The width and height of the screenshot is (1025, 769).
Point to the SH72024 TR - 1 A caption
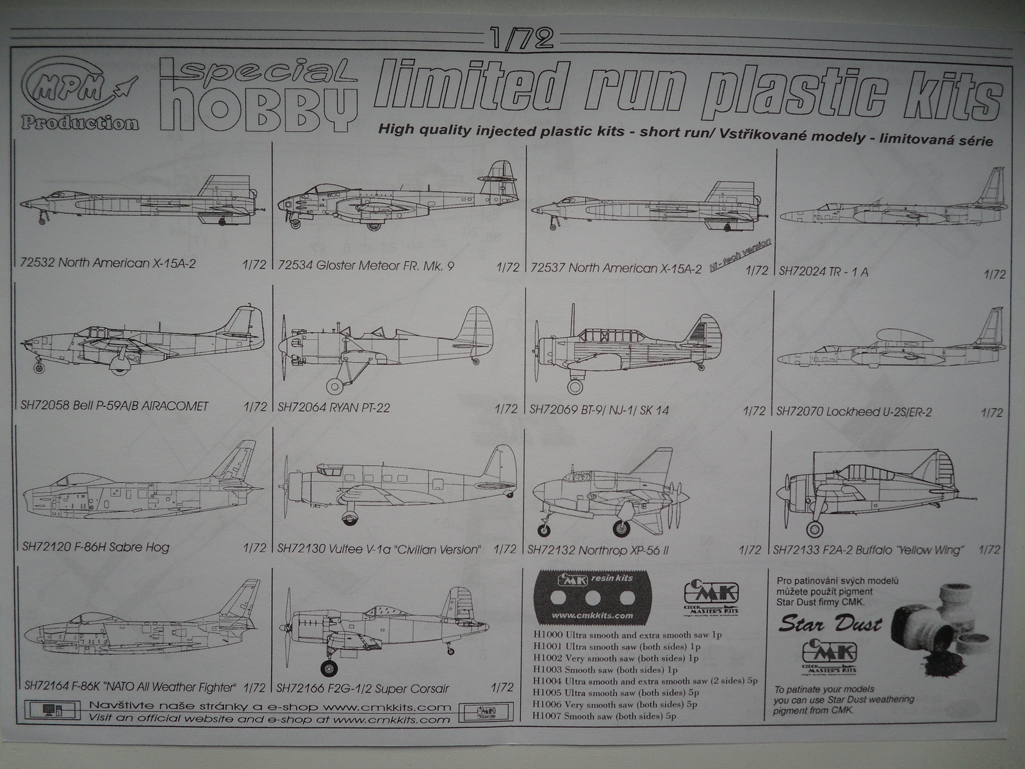pos(823,271)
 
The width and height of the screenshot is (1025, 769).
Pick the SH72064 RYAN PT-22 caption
pos(334,408)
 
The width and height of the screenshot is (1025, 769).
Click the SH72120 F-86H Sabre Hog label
pos(95,547)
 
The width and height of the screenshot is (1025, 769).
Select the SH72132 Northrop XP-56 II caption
pos(599,550)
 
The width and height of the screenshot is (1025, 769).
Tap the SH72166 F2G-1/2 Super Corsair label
pos(363,689)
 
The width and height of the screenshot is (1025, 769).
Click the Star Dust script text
pos(831,623)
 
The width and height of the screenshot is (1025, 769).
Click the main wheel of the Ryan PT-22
pos(336,386)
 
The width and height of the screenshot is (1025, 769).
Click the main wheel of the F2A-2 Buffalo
pos(814,529)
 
